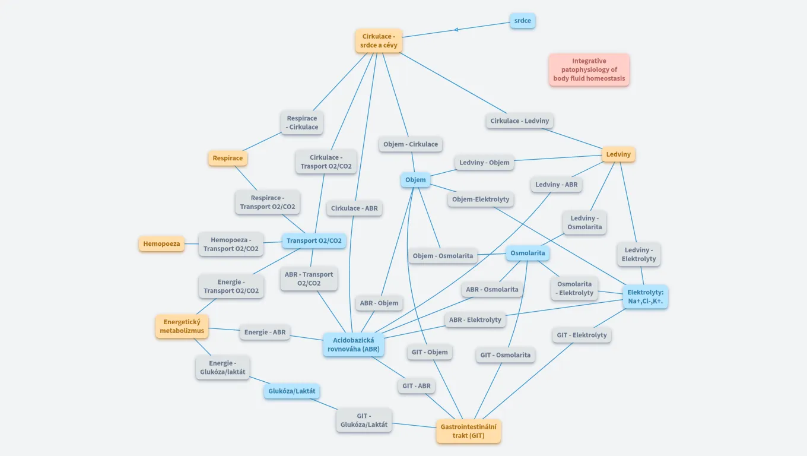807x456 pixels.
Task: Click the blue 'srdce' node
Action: (x=522, y=21)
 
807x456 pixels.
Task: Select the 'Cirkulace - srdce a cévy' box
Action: (x=379, y=41)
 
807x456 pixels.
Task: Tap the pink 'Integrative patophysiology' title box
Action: (x=589, y=69)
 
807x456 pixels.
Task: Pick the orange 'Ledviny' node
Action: (x=618, y=154)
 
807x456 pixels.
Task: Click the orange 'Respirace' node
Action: (x=227, y=159)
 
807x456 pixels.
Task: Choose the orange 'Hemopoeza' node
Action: (x=161, y=243)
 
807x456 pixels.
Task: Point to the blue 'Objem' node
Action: (x=415, y=180)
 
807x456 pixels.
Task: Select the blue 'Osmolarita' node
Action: (x=528, y=254)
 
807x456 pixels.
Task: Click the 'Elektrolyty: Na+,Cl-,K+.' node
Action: (x=645, y=297)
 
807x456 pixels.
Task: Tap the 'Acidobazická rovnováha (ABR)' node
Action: (x=354, y=344)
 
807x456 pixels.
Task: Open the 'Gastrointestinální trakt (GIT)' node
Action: (x=468, y=431)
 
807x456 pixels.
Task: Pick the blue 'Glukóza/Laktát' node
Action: (x=292, y=391)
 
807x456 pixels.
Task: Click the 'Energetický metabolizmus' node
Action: (x=182, y=326)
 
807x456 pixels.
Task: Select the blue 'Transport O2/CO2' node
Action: (x=314, y=240)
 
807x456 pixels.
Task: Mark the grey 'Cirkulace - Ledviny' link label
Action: (x=520, y=121)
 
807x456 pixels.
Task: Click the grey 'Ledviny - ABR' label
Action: (x=556, y=185)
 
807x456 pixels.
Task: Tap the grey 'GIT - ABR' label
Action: (x=416, y=386)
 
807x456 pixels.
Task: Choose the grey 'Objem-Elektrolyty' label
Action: (x=481, y=199)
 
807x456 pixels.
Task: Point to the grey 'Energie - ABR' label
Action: (x=265, y=332)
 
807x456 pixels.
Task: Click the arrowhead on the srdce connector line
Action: (x=456, y=29)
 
